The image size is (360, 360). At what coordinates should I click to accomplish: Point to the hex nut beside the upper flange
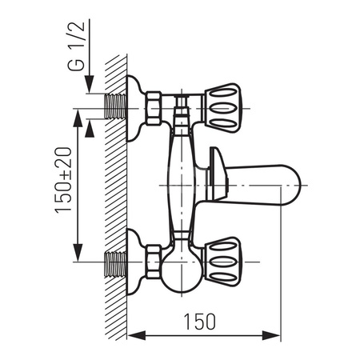coord(158,104)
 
